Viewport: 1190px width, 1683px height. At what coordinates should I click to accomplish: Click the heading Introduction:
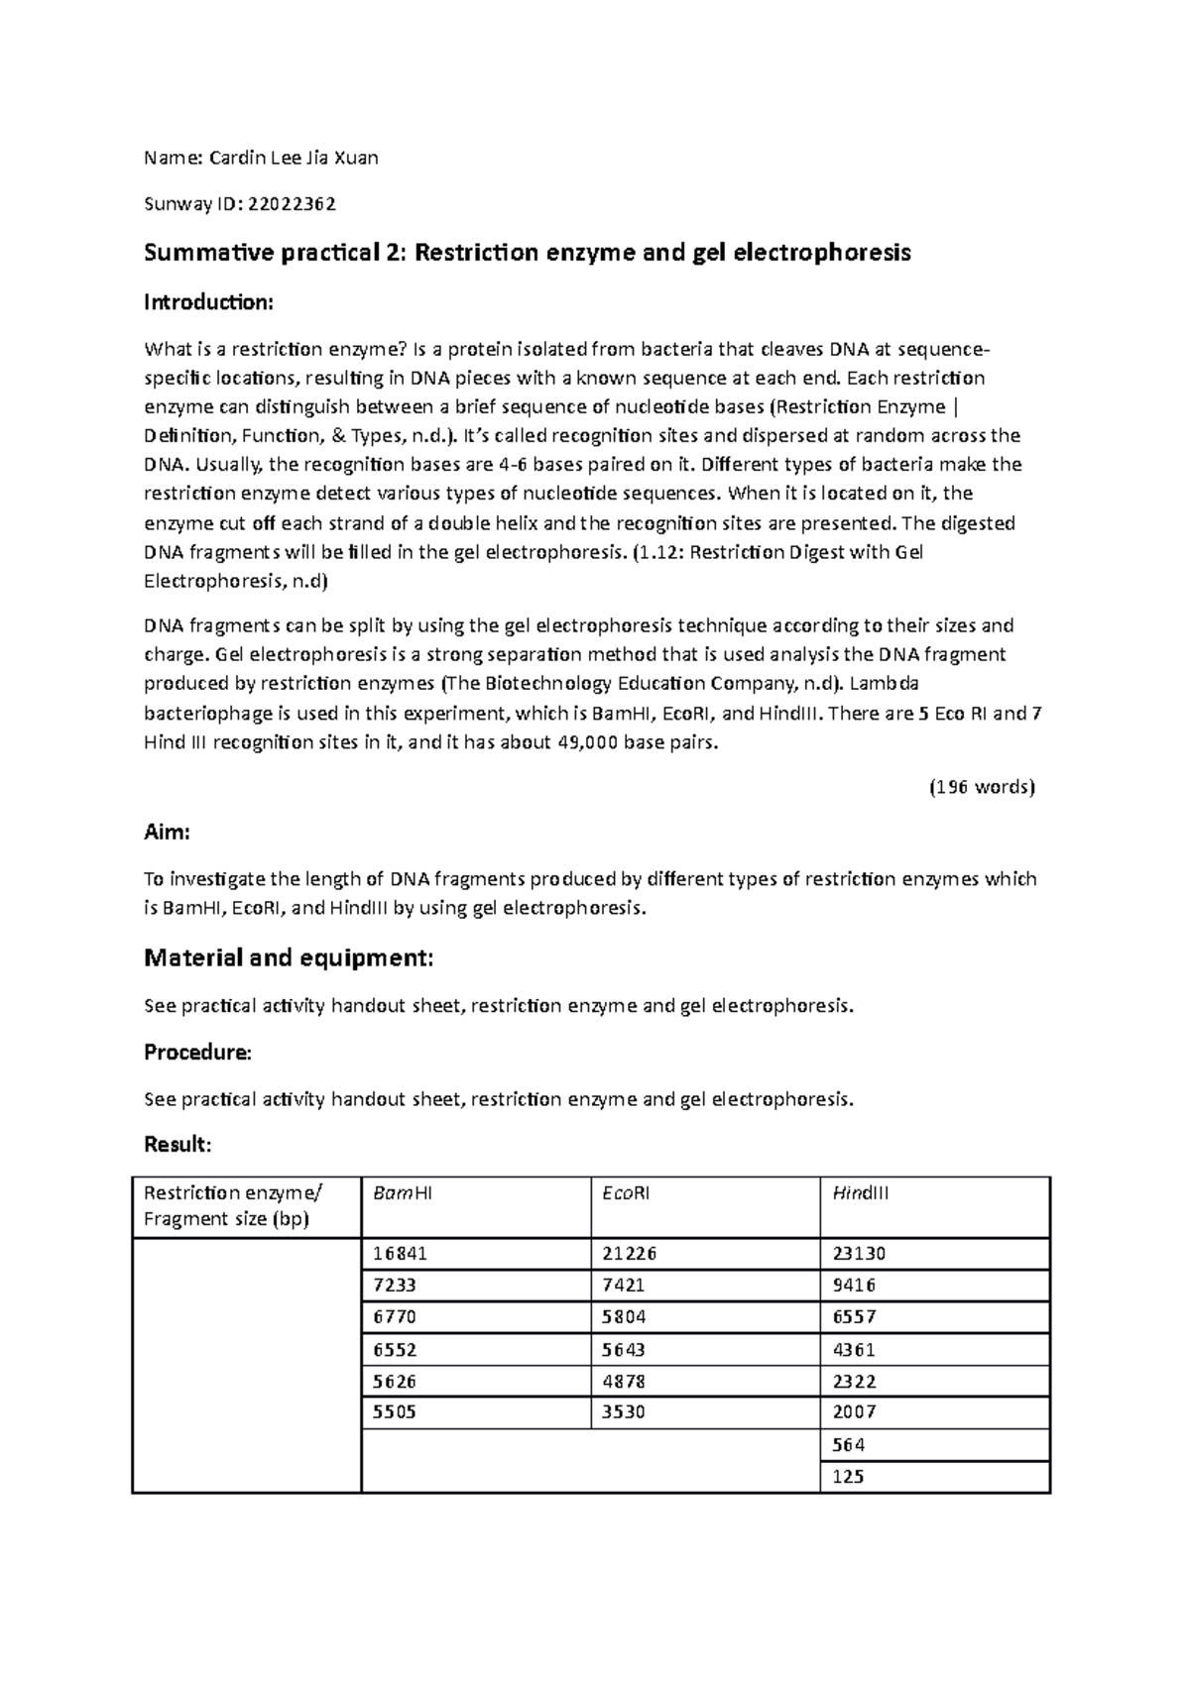(x=208, y=302)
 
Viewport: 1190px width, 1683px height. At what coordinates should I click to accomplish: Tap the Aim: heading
(x=167, y=833)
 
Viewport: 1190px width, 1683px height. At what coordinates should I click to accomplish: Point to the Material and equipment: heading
(x=289, y=958)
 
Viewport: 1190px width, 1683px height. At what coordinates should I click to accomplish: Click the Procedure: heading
(x=197, y=1053)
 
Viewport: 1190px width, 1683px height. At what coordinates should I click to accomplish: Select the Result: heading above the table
(x=178, y=1146)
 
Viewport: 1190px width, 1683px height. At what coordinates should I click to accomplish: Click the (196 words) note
(x=981, y=788)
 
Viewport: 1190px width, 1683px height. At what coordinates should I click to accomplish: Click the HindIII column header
(x=860, y=1193)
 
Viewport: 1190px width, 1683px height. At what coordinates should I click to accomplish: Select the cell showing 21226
(x=629, y=1254)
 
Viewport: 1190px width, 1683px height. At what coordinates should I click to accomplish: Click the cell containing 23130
(x=859, y=1254)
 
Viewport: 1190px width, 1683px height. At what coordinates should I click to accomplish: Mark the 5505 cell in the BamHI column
(x=394, y=1412)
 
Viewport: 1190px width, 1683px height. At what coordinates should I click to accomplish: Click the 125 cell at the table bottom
(x=848, y=1477)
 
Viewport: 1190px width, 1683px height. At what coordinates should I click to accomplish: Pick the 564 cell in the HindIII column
(x=848, y=1445)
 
